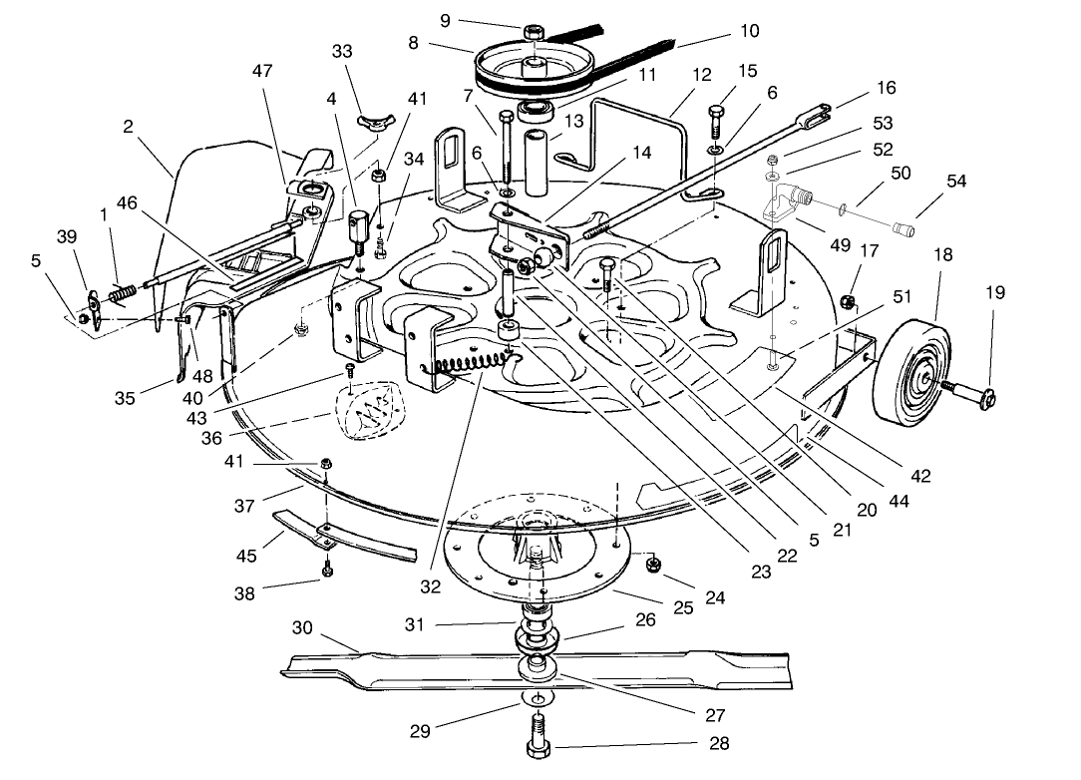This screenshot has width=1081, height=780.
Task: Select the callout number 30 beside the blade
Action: [x=302, y=627]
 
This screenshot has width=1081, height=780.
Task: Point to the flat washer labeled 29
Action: [x=536, y=698]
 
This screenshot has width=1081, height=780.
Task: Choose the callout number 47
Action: [x=261, y=72]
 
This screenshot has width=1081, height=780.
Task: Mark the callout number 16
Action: [x=886, y=88]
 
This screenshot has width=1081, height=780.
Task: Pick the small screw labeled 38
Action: [x=326, y=571]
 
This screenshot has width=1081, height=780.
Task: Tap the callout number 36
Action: [x=210, y=438]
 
